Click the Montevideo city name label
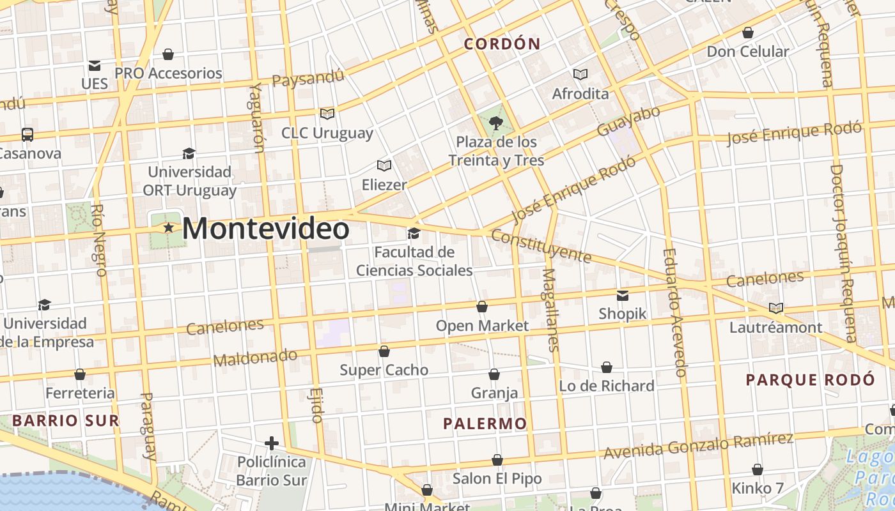coord(266,229)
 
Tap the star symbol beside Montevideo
coord(169,227)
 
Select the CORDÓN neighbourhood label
coord(502,44)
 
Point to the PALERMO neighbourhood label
coord(485,423)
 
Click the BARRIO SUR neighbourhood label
coord(66,420)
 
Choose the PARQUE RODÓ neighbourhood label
coord(810,380)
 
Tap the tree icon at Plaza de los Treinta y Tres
coord(495,123)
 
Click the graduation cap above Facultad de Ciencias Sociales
coord(414,233)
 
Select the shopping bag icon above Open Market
coord(482,307)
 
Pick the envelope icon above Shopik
coord(623,295)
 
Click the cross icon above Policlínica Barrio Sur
coord(272,443)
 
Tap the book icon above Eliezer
coord(384,166)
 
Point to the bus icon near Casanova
coord(27,135)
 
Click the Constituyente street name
coord(541,247)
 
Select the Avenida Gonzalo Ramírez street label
coord(698,445)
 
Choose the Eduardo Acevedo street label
coord(674,312)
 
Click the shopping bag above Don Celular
coord(747,33)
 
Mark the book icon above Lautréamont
coord(775,309)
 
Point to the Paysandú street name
coord(308,79)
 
